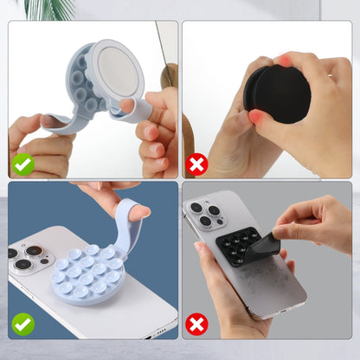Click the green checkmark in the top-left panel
click(x=23, y=163)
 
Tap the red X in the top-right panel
click(x=197, y=163)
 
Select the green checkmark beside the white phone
click(x=23, y=325)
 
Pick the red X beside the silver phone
click(x=197, y=325)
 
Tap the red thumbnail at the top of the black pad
click(x=284, y=61)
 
